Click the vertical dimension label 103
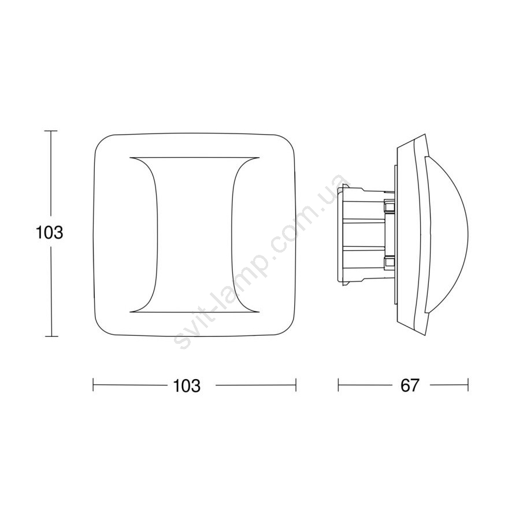click(x=49, y=232)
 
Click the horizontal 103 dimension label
click(x=187, y=386)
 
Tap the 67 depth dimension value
click(x=410, y=385)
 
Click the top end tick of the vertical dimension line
click(x=51, y=131)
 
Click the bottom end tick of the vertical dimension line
click(x=51, y=336)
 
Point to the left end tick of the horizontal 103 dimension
click(x=94, y=385)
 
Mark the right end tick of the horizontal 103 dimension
click(x=296, y=385)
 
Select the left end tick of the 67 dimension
click(x=338, y=385)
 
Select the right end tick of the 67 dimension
click(x=468, y=385)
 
